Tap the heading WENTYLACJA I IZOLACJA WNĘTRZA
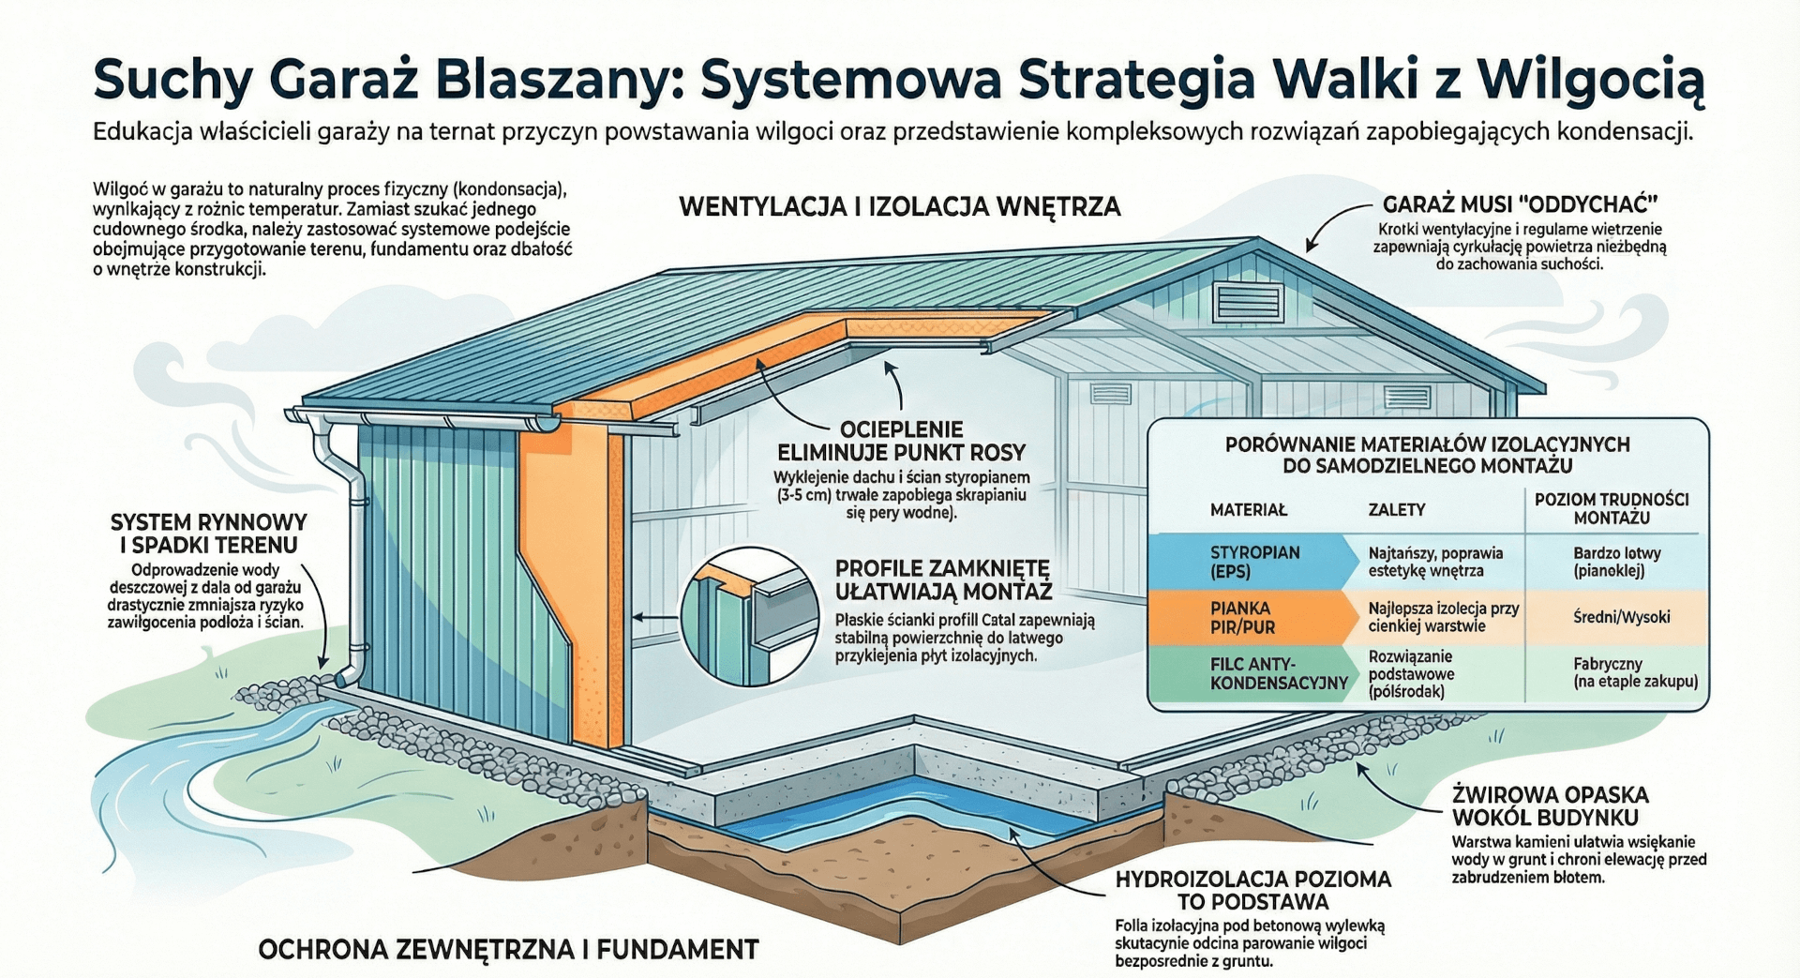(899, 206)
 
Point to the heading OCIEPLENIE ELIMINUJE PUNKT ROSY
(901, 441)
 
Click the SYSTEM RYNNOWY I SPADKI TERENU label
(208, 534)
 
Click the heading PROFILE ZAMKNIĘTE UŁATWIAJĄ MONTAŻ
(943, 579)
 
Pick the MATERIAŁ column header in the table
(1248, 510)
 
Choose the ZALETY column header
(1396, 510)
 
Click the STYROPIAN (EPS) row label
(1254, 562)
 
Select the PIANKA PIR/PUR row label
(1241, 617)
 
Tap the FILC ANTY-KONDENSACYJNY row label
(1278, 673)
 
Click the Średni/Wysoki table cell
(1621, 617)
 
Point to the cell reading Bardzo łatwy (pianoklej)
(1616, 562)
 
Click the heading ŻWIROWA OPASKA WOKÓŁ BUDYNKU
(1550, 805)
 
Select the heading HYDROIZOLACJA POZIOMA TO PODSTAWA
(1252, 891)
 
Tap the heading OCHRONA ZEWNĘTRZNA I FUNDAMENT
(507, 950)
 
